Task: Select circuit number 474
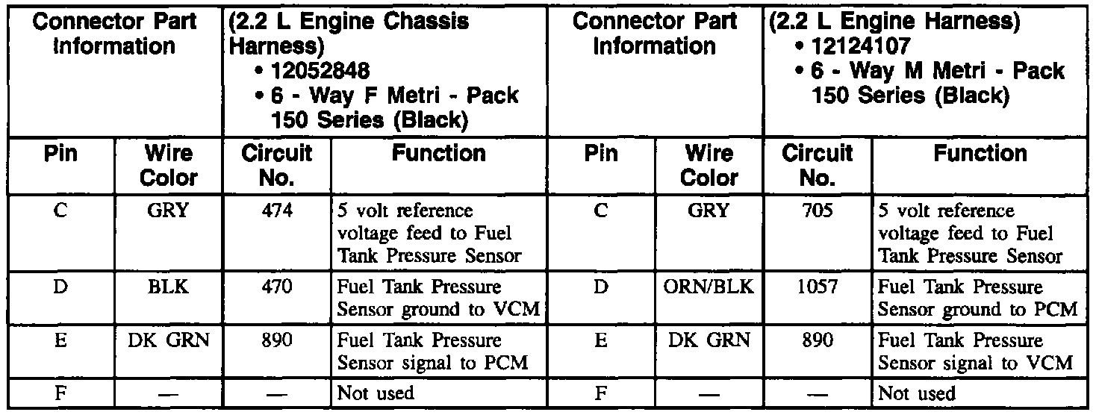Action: point(276,210)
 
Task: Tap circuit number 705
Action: point(818,210)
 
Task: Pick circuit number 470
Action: point(276,286)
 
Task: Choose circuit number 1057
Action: point(818,286)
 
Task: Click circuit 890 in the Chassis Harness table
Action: point(276,340)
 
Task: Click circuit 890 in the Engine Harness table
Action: point(818,340)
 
